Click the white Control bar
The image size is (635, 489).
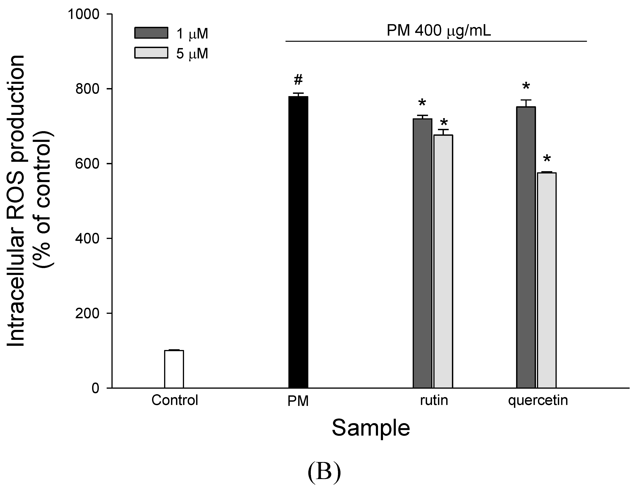coord(174,369)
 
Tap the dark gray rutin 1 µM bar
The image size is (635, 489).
coord(422,253)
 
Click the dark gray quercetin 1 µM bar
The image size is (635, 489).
coord(526,247)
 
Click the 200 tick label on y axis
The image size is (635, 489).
coord(87,313)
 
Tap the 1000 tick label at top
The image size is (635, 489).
coord(84,14)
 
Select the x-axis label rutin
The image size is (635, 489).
coord(434,400)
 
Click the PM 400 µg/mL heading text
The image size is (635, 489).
coord(439,31)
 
